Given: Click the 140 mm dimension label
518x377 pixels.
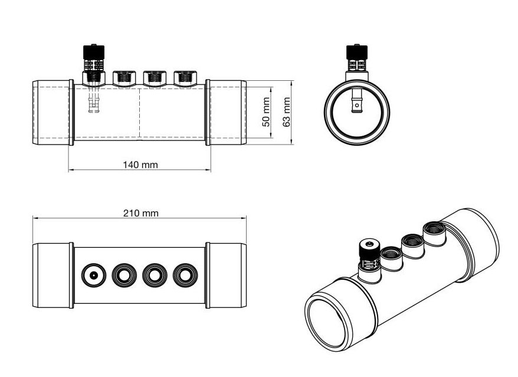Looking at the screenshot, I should pos(140,165).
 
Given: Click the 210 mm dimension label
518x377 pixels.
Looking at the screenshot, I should pos(140,212).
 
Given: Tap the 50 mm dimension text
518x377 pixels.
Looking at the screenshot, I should pos(266,113).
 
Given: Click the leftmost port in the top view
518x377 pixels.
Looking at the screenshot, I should pos(93,275).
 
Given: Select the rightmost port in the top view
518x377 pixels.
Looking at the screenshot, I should pos(185,275).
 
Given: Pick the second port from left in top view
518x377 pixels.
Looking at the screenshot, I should pos(124,275).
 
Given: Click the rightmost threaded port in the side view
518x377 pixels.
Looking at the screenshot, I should pos(184,77).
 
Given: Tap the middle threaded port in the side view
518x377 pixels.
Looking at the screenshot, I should pos(153,77).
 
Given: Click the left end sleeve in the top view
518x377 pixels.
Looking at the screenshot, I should pos(52,275).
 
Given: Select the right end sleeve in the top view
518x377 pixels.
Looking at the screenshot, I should pos(226,275).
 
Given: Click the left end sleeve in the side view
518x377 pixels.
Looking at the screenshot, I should pos(52,113).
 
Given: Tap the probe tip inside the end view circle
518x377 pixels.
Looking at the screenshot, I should pos(356,105).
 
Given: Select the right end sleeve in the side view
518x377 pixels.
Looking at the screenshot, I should pos(226,113).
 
